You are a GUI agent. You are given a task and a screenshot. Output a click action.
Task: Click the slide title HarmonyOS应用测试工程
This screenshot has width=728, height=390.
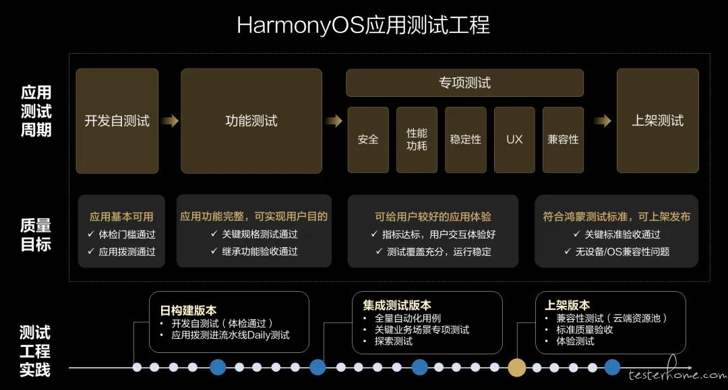pyautogui.click(x=363, y=25)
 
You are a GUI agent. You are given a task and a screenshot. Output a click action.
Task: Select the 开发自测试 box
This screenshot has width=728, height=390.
pyautogui.click(x=117, y=121)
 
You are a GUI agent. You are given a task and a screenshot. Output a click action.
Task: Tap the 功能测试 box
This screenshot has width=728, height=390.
pyautogui.click(x=251, y=121)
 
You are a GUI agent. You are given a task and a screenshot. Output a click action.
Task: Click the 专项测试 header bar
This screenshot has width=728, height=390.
pyautogui.click(x=464, y=83)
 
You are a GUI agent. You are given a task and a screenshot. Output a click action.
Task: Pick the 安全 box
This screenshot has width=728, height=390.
pyautogui.click(x=368, y=139)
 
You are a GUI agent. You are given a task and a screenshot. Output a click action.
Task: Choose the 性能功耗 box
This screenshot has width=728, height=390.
pyautogui.click(x=417, y=139)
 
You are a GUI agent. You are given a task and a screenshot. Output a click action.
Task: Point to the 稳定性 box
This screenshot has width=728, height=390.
pyautogui.click(x=466, y=139)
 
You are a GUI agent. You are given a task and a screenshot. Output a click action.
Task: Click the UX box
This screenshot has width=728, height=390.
pyautogui.click(x=514, y=139)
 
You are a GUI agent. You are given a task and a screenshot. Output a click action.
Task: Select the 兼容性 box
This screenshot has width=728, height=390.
pyautogui.click(x=563, y=139)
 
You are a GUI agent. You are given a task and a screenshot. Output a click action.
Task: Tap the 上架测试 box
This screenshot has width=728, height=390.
pyautogui.click(x=657, y=121)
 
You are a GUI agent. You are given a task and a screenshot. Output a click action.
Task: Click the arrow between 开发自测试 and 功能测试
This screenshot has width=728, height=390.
pyautogui.click(x=170, y=121)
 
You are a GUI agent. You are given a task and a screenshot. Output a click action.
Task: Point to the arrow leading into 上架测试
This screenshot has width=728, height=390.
pyautogui.click(x=603, y=121)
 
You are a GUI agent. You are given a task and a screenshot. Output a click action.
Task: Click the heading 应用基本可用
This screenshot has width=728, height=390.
pyautogui.click(x=121, y=217)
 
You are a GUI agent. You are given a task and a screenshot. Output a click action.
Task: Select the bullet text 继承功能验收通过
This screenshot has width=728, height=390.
pyautogui.click(x=260, y=251)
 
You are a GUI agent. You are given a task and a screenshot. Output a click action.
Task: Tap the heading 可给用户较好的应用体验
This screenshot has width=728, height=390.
pyautogui.click(x=433, y=217)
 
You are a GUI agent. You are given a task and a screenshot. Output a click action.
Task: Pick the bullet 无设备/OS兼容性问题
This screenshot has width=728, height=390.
pyautogui.click(x=623, y=252)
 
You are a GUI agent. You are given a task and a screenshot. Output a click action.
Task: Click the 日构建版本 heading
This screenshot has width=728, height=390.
pyautogui.click(x=188, y=311)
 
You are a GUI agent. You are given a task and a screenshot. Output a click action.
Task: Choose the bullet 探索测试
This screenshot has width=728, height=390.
pyautogui.click(x=394, y=342)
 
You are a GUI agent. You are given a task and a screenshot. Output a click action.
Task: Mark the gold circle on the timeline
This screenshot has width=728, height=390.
pyautogui.click(x=517, y=368)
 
